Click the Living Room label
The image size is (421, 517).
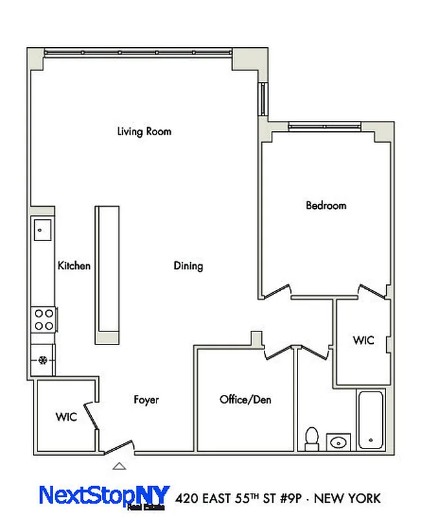(144, 131)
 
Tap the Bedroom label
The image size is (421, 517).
(326, 206)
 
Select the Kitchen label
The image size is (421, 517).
(74, 266)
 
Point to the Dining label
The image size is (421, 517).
(188, 266)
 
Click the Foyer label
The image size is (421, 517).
(146, 400)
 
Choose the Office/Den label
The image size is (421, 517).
(245, 400)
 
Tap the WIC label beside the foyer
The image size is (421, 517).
(66, 417)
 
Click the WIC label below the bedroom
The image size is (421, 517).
(363, 341)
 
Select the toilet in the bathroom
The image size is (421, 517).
(312, 438)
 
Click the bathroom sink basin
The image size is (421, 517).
(338, 443)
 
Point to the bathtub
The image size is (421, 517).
(371, 419)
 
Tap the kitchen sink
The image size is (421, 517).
(42, 229)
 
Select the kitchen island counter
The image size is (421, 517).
(107, 274)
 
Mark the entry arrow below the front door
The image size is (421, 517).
(119, 466)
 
